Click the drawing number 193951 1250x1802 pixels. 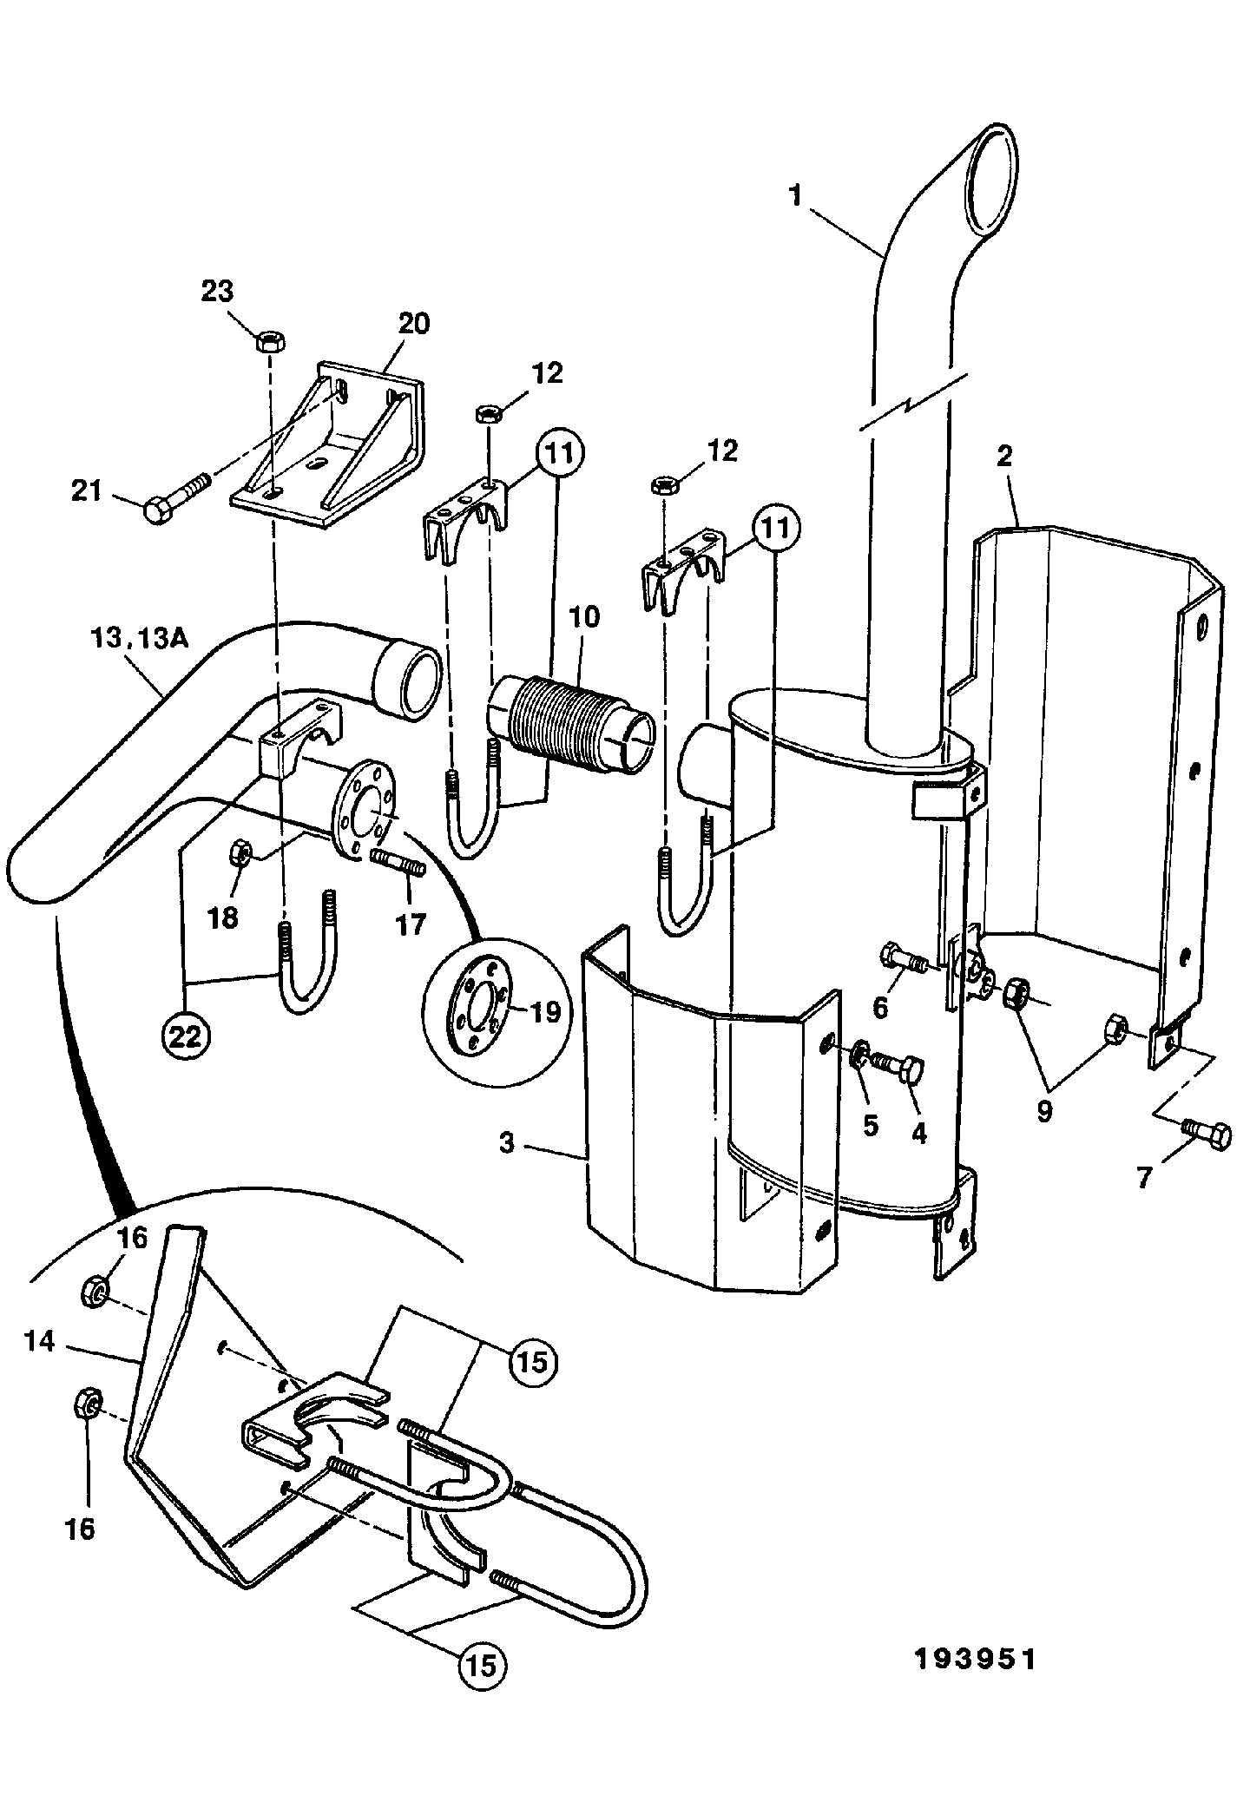click(x=976, y=1660)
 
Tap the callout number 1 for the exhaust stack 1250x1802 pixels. click(x=795, y=195)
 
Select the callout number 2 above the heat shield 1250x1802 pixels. click(x=1004, y=457)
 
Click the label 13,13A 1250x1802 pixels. click(x=140, y=639)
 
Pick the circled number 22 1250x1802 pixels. click(x=184, y=1036)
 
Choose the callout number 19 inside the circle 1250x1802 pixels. click(x=546, y=1011)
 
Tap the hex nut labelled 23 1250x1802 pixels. click(x=266, y=341)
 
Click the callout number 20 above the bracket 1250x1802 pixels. click(x=414, y=324)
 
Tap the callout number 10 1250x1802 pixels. click(x=584, y=617)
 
